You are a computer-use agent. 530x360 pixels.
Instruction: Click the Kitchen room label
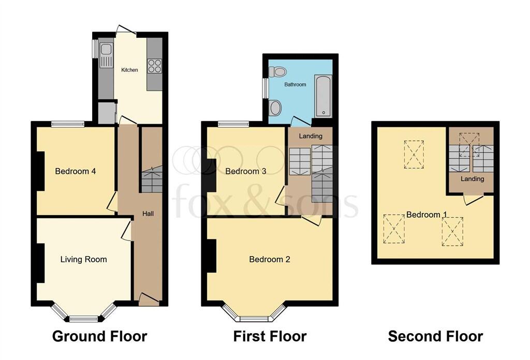[x=129, y=70]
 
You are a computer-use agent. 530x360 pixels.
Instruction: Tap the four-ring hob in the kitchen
[x=154, y=66]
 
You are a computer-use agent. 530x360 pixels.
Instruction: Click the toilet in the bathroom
[x=277, y=71]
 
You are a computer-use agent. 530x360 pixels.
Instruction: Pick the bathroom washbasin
[x=275, y=108]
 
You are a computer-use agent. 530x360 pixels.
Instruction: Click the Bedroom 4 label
[x=76, y=171]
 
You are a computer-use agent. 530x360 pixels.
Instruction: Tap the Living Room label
[x=83, y=259]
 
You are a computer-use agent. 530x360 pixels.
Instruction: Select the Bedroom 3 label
[x=246, y=171]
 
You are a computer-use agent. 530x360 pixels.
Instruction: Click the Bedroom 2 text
[x=270, y=259]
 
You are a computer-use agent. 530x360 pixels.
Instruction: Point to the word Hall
[x=148, y=214]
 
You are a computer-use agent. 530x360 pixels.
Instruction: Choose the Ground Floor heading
[x=100, y=336]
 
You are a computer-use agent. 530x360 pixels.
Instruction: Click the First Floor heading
[x=270, y=336]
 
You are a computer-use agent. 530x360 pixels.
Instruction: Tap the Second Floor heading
[x=435, y=336]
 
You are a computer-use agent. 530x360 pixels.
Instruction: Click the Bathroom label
[x=295, y=84]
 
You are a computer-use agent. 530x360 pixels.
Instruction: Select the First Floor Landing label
[x=311, y=136]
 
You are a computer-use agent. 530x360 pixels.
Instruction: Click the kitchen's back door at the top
[x=126, y=31]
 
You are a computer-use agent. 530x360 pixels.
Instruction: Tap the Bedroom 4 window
[x=68, y=124]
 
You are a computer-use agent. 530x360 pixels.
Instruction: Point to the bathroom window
[x=266, y=88]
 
